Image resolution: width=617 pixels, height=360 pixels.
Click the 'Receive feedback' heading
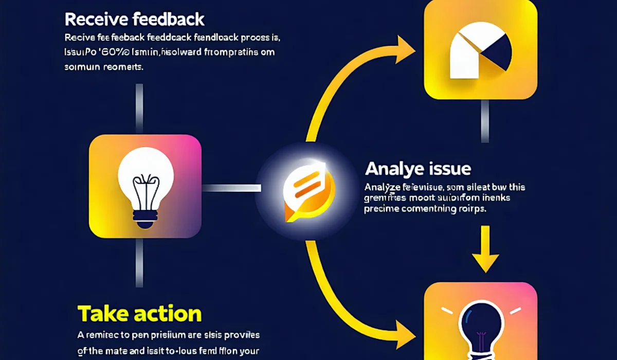tap(134, 20)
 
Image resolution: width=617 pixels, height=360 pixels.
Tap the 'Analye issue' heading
tap(418, 168)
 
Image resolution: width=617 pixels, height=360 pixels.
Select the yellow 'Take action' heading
tap(139, 313)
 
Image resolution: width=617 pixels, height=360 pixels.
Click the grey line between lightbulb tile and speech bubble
tap(231, 188)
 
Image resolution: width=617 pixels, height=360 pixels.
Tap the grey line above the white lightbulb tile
tap(138, 108)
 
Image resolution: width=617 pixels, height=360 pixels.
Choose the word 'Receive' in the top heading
tap(95, 20)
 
